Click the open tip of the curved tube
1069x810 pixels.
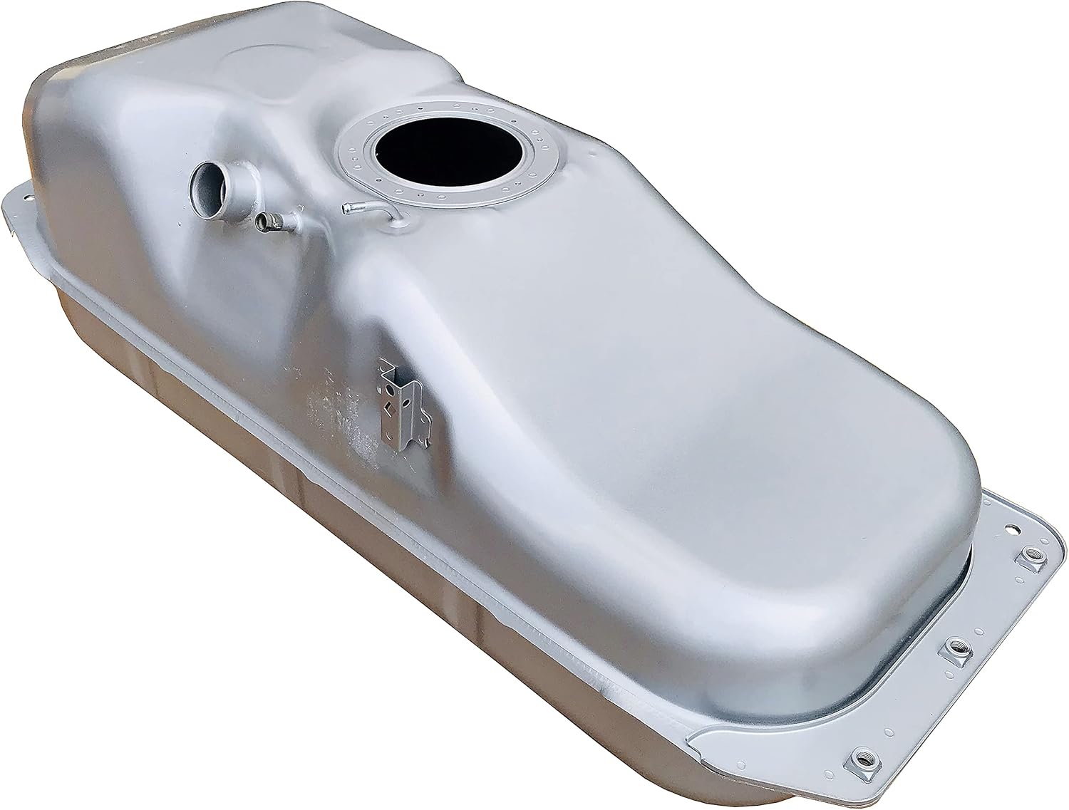(x=346, y=208)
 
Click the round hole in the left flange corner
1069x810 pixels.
(x=29, y=195)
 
